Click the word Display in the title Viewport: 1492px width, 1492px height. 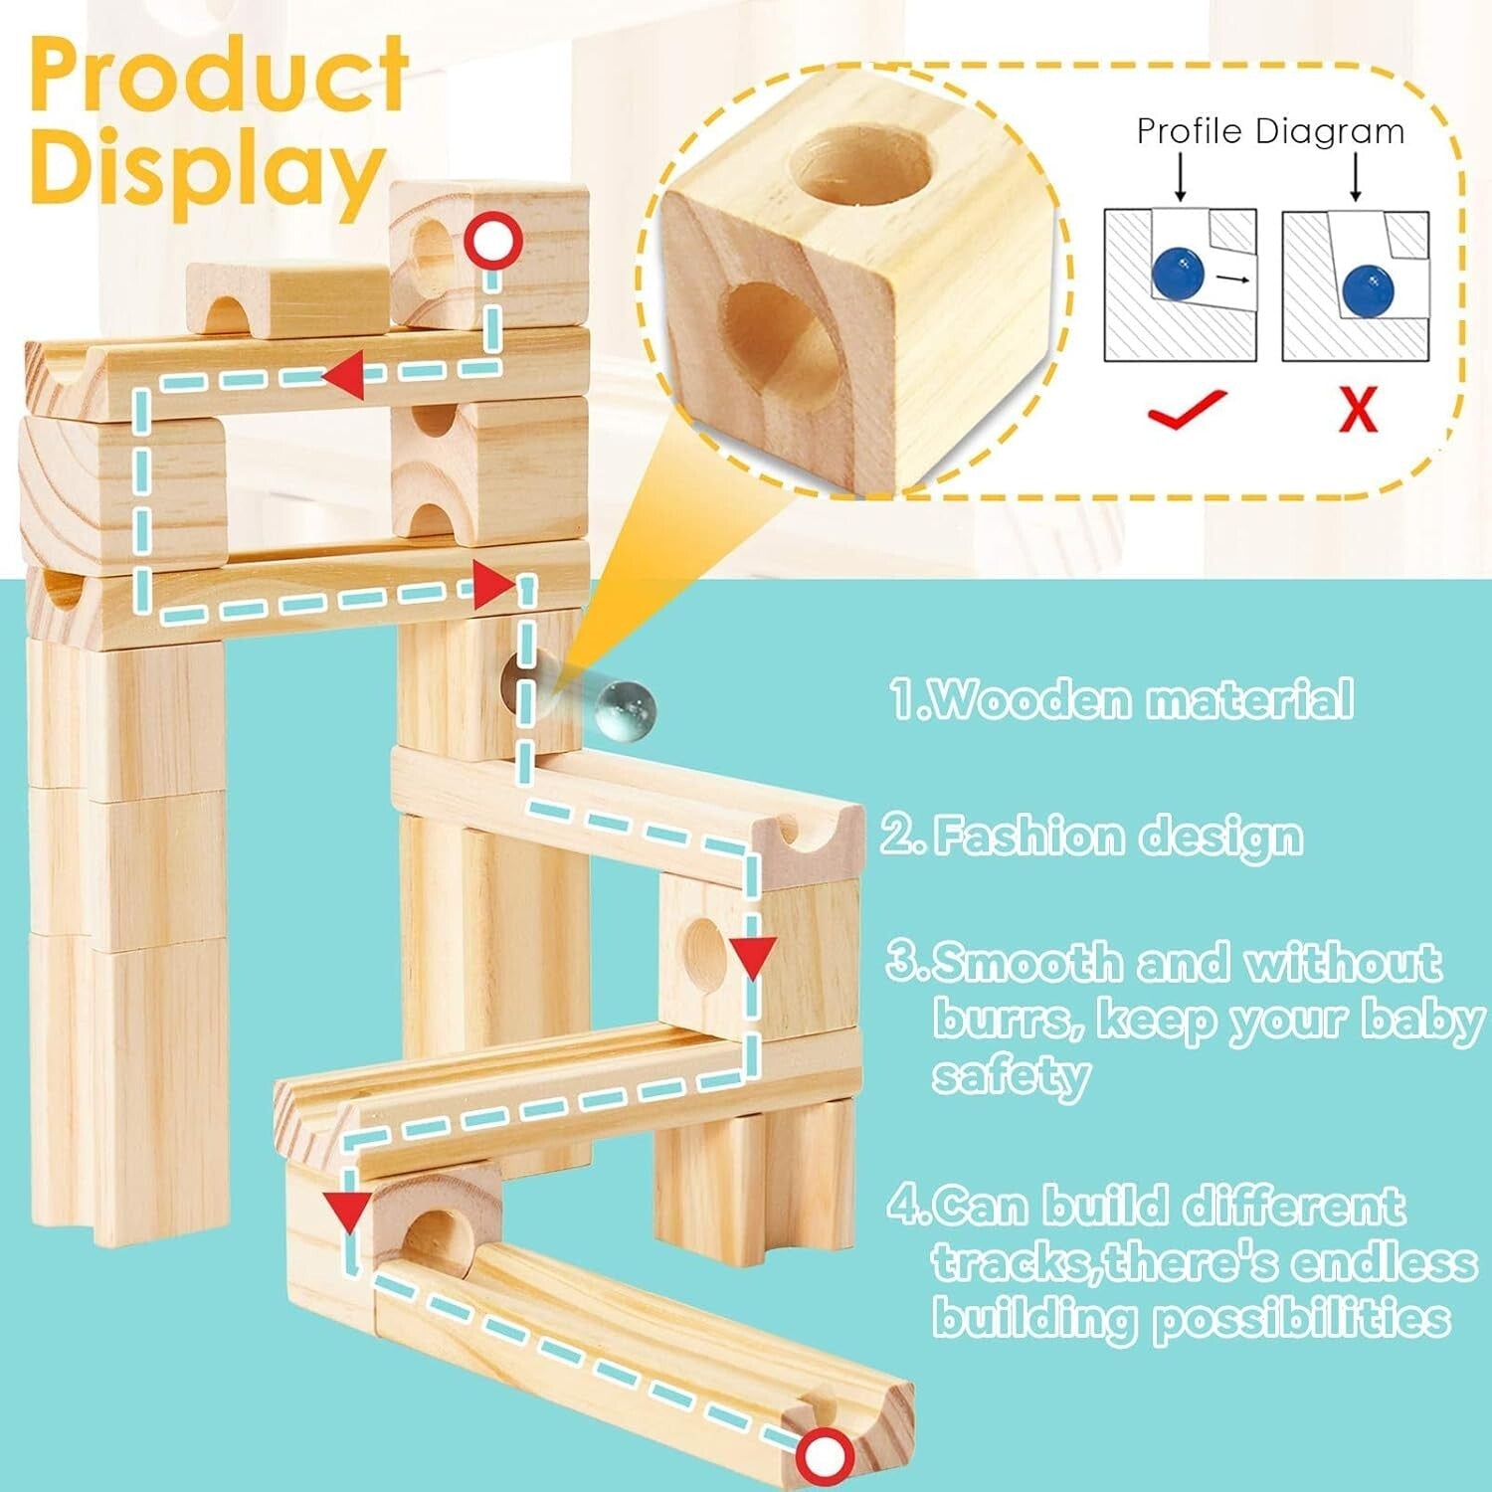pyautogui.click(x=207, y=171)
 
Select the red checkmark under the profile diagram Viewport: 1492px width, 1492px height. pyautogui.click(x=1186, y=408)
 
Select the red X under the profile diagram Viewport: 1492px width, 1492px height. pyautogui.click(x=1358, y=408)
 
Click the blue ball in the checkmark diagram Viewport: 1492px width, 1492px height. pyautogui.click(x=1179, y=272)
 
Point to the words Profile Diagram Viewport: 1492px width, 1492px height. pyautogui.click(x=1270, y=131)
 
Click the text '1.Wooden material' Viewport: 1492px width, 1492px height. pyautogui.click(x=1121, y=699)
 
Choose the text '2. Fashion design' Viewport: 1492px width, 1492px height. pyautogui.click(x=1092, y=836)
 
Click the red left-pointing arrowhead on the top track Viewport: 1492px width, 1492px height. pyautogui.click(x=343, y=378)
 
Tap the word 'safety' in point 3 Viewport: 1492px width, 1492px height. pyautogui.click(x=1011, y=1076)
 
